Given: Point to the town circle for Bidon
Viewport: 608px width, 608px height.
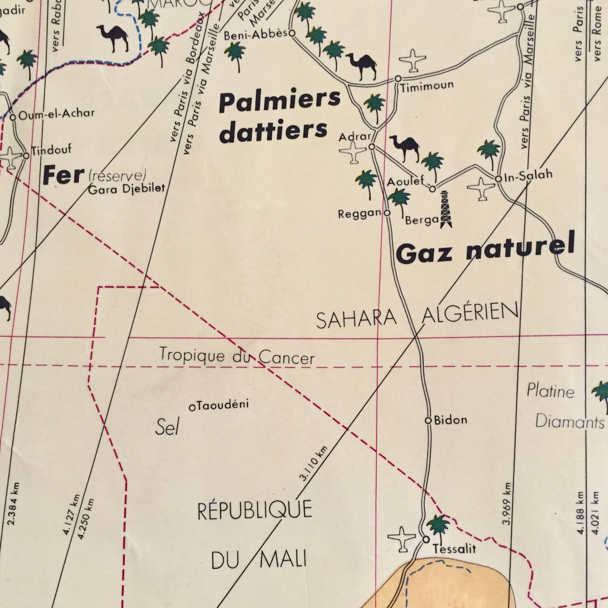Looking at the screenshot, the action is tap(428, 420).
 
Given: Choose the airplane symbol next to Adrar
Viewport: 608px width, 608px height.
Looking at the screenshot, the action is tap(352, 152).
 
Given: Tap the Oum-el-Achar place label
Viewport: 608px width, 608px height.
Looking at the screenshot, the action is tap(56, 114).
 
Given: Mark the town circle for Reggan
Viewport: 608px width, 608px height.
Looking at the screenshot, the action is tap(387, 213).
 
